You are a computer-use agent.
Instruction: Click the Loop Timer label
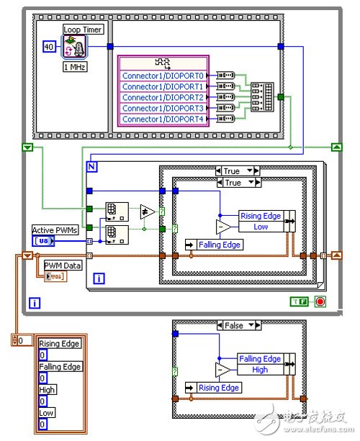(84, 29)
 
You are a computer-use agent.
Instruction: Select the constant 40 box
(48, 47)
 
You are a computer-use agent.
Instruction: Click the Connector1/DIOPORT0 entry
(163, 76)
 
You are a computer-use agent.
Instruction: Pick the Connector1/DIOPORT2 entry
(163, 97)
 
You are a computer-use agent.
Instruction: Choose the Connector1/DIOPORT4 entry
(163, 119)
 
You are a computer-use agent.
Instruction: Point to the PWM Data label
(63, 265)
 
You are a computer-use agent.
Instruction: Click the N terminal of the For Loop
(92, 166)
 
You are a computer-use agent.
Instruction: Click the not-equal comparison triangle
(146, 211)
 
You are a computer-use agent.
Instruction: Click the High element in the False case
(261, 369)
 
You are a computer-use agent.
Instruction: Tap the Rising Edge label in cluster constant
(60, 344)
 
